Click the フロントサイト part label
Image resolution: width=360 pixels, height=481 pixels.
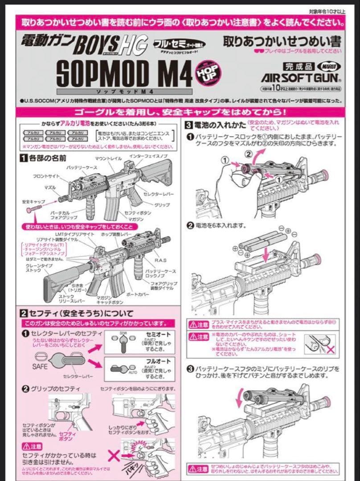pyautogui.click(x=47, y=176)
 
